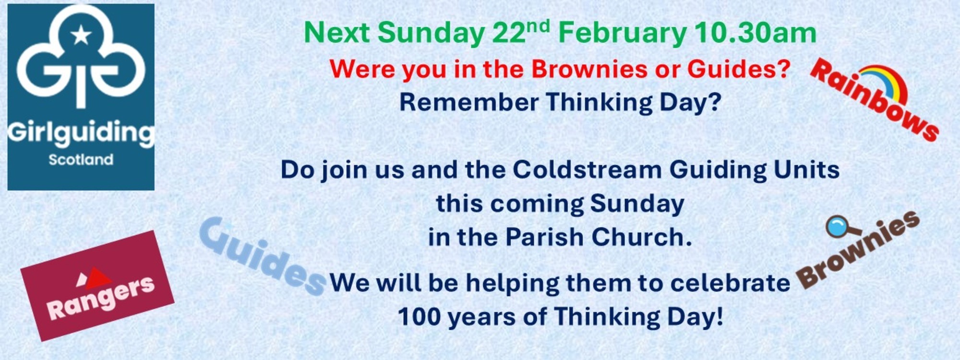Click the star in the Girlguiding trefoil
81,35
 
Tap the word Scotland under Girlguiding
81,160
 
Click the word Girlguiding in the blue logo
81,133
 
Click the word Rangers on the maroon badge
101,299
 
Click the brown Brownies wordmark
858,250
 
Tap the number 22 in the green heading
508,33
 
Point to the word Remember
469,102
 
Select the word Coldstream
587,169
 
